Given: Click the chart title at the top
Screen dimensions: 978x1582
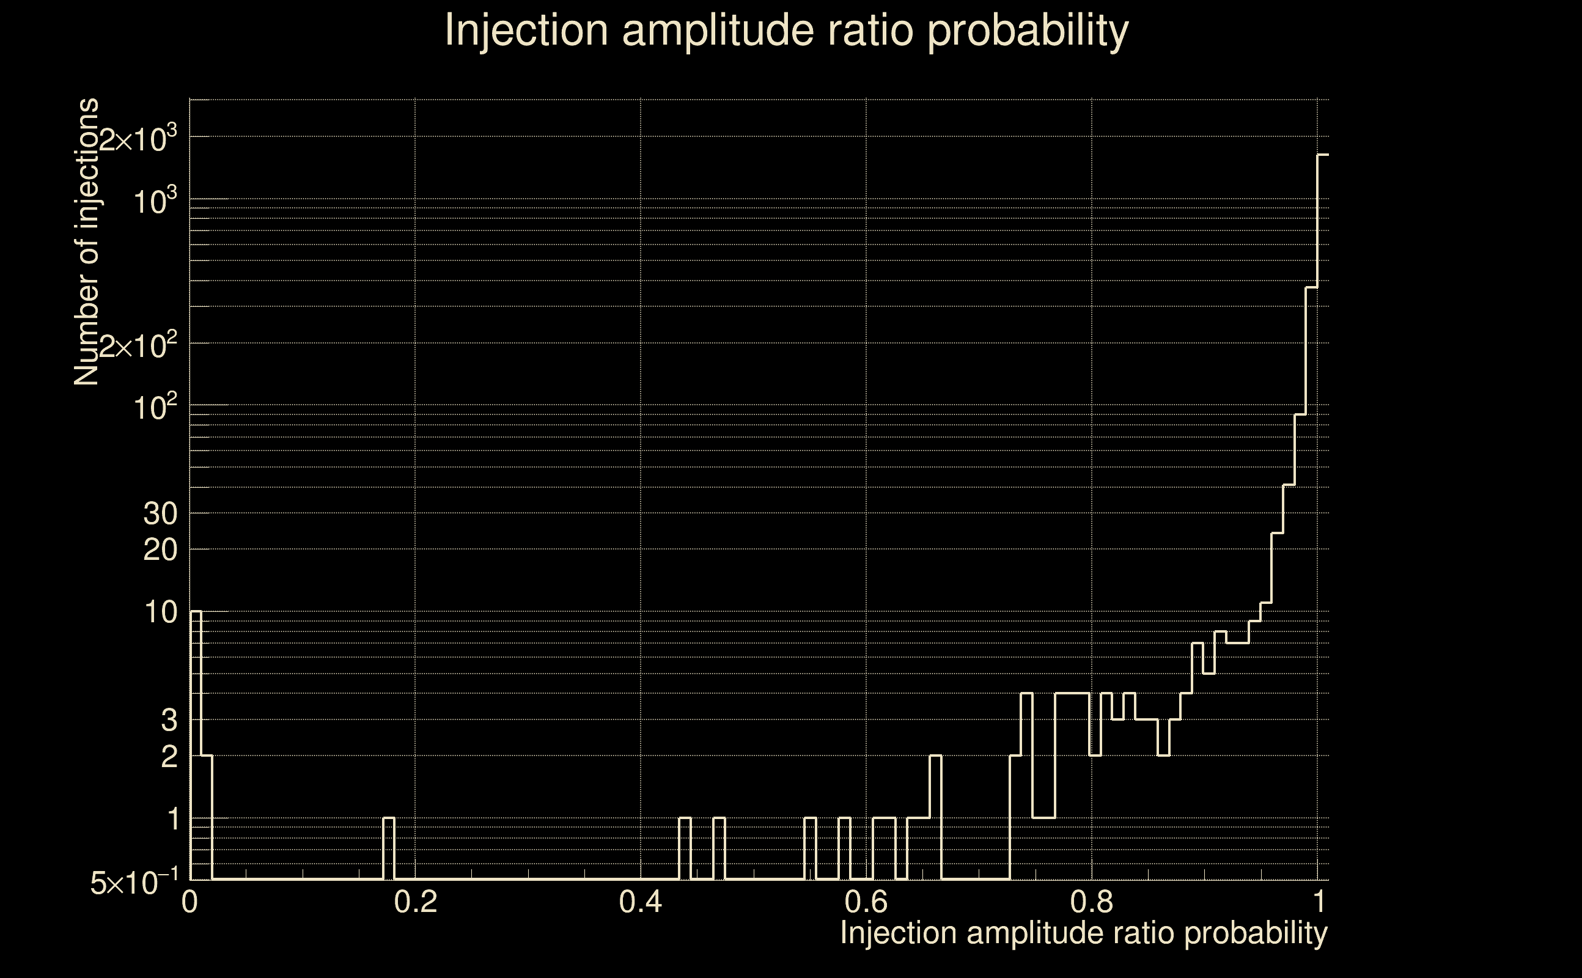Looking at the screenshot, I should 787,31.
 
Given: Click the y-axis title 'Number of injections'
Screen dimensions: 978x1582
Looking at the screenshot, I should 87,242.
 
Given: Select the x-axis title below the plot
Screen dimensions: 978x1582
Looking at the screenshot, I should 1083,933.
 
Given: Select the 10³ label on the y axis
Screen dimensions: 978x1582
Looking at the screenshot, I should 155,201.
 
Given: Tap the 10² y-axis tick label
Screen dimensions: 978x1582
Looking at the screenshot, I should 155,408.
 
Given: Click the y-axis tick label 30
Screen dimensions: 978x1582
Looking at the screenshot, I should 160,514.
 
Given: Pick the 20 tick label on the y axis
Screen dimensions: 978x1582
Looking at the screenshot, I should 160,551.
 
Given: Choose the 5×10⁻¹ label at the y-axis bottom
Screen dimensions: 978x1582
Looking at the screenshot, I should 134,883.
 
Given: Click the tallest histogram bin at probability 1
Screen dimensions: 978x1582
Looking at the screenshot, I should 1323,518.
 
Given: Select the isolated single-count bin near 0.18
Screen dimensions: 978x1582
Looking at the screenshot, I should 389,848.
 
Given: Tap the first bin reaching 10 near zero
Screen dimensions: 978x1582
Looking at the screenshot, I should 196,744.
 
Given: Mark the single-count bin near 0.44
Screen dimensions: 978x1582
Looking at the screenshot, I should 685,848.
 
